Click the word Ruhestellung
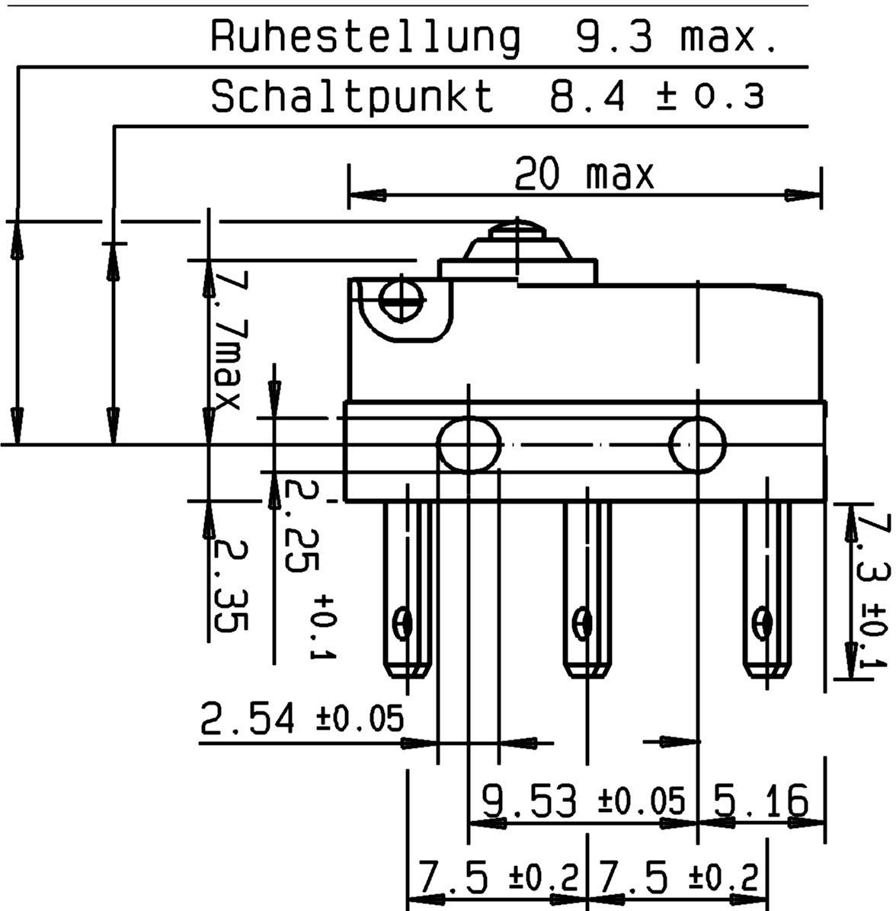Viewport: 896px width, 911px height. pyautogui.click(x=365, y=37)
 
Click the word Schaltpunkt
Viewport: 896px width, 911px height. pyautogui.click(x=352, y=97)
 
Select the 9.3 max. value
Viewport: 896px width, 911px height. pyautogui.click(x=675, y=37)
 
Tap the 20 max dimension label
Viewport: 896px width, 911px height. pyautogui.click(x=584, y=174)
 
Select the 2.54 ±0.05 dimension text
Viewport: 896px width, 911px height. pyautogui.click(x=301, y=718)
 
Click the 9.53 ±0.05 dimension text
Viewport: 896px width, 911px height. pyautogui.click(x=583, y=801)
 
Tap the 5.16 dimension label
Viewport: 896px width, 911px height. pyautogui.click(x=760, y=801)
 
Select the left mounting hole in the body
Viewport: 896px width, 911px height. pyautogui.click(x=469, y=444)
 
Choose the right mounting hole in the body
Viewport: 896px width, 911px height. pyautogui.click(x=697, y=444)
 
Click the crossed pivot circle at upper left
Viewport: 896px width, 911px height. pyautogui.click(x=403, y=301)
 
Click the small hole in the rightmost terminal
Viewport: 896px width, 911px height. pyautogui.click(x=760, y=624)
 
